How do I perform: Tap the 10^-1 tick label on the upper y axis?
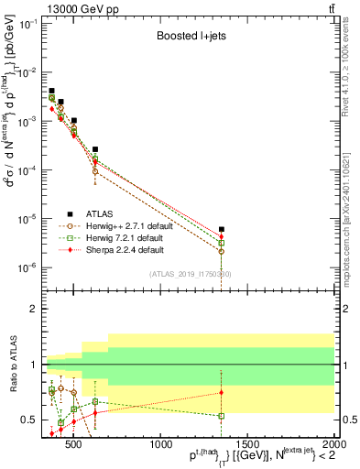coord(29,24)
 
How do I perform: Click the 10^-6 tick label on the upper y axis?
coord(29,267)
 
